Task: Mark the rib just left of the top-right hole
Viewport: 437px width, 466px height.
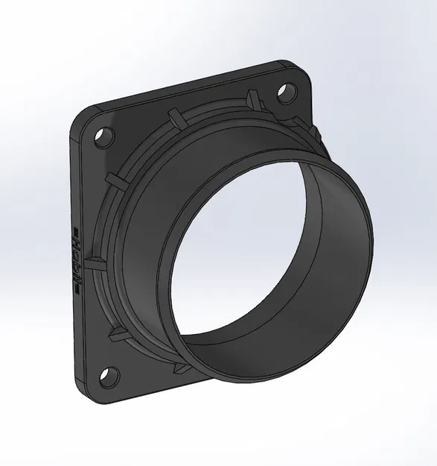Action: (251, 97)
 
